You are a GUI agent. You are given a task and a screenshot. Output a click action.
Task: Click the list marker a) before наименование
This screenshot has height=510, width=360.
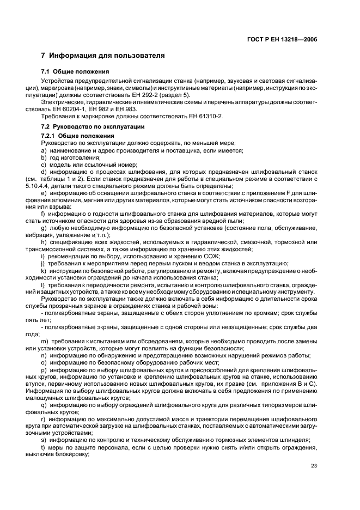[44, 150]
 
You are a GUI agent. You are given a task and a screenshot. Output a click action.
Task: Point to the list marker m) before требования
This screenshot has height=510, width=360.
[44, 340]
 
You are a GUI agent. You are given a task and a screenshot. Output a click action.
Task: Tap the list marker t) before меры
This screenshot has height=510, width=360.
[43, 448]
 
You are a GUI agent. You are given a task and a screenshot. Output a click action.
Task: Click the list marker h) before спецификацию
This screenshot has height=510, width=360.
[44, 241]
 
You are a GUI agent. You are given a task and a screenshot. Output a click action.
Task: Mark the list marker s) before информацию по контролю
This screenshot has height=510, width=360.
[44, 440]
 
